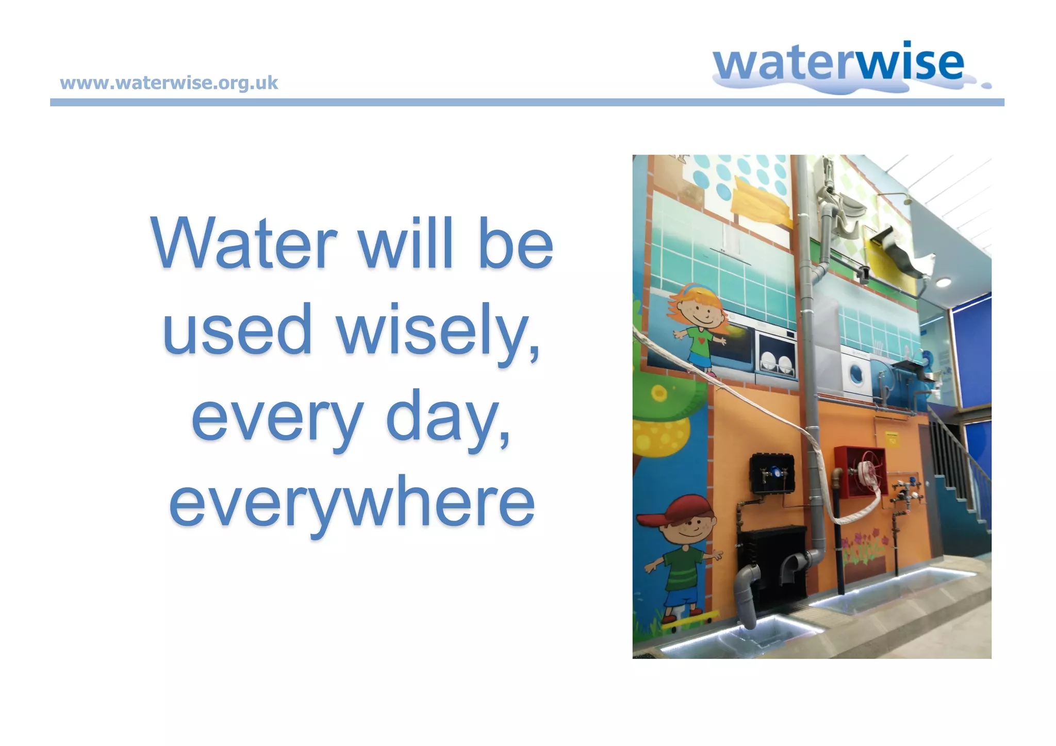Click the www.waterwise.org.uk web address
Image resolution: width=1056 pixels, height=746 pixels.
[x=169, y=83]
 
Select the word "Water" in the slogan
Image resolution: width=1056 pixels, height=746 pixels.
[x=243, y=243]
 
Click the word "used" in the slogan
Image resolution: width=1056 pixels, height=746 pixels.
[x=237, y=330]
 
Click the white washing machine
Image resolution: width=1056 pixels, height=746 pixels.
[x=856, y=374]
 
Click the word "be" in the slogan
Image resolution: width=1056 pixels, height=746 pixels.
[x=516, y=243]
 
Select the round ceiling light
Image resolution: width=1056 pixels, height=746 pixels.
[x=943, y=282]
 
